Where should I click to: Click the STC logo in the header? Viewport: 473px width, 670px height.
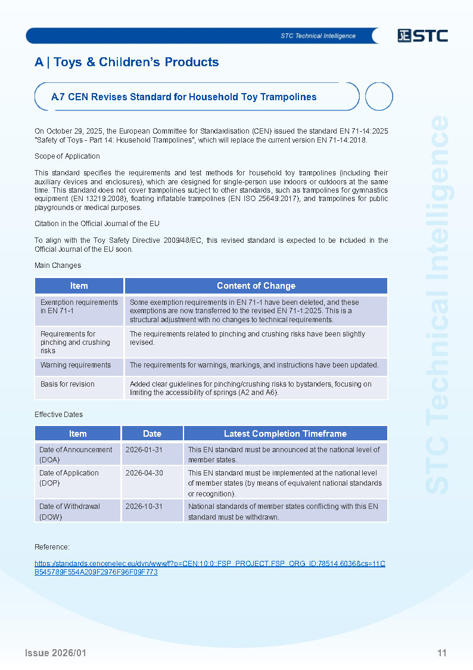(x=422, y=36)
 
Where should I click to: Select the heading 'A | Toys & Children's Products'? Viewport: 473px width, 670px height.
(x=127, y=62)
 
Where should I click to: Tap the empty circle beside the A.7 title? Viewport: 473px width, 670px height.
(x=378, y=97)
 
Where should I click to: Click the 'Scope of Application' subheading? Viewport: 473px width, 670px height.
(x=67, y=156)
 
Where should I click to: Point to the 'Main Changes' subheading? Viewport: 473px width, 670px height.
(x=58, y=265)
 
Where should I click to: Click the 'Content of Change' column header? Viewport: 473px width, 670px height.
(x=256, y=286)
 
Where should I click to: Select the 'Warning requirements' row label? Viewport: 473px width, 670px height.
(x=76, y=365)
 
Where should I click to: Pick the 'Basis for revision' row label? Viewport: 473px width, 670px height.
(x=67, y=384)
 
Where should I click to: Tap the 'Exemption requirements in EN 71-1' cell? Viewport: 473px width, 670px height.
(x=79, y=307)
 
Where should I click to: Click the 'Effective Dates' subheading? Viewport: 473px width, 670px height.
(x=58, y=415)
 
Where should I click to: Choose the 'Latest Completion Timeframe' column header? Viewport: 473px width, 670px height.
(x=285, y=434)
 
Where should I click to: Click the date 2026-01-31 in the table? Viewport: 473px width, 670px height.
(x=144, y=450)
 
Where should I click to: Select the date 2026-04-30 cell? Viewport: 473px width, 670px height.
(x=144, y=473)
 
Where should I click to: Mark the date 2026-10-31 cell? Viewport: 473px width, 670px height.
(x=144, y=507)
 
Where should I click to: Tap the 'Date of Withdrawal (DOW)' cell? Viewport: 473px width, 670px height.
(x=70, y=511)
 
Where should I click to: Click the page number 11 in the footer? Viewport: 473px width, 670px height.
(x=441, y=653)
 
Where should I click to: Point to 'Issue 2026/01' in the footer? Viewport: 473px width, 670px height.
(x=55, y=653)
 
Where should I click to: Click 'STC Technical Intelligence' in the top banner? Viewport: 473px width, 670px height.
(x=318, y=36)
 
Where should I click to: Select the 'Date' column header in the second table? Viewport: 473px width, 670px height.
(x=152, y=434)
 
